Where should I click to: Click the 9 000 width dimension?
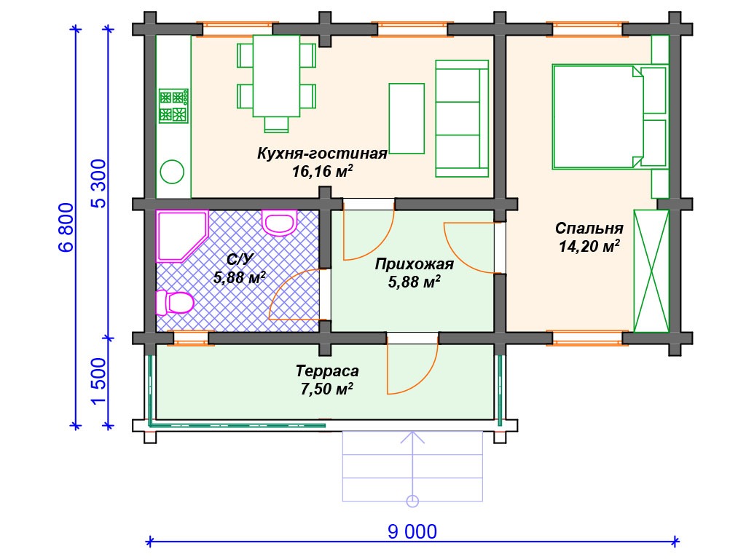click(412, 531)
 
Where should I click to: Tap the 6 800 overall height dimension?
click(66, 227)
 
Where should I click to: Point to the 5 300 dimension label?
click(98, 183)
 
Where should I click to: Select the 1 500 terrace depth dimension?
click(98, 381)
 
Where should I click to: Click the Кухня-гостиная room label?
click(322, 153)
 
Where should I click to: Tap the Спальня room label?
click(589, 228)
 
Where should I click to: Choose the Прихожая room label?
click(414, 263)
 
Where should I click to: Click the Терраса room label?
click(327, 370)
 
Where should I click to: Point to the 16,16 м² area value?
click(322, 170)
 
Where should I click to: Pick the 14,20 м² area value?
click(589, 246)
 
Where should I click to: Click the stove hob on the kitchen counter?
click(173, 106)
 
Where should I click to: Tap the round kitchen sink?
click(172, 172)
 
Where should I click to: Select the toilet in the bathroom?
click(175, 302)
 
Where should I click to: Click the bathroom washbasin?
click(279, 223)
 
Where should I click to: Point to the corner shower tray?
click(182, 236)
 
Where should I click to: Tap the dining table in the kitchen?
click(276, 76)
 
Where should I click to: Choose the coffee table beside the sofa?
click(407, 119)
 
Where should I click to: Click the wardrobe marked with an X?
click(651, 271)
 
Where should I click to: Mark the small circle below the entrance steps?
click(412, 501)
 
